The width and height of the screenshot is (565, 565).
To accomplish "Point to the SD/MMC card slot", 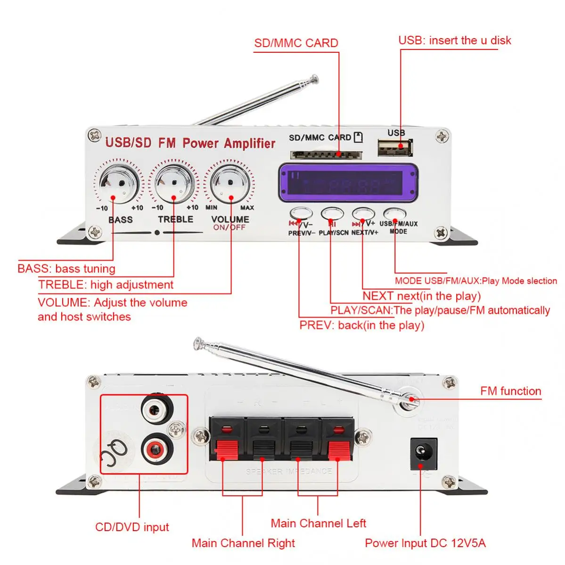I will (x=326, y=155).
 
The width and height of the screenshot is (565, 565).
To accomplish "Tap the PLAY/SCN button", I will (x=332, y=214).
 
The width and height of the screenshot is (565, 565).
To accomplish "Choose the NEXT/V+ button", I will (x=363, y=214).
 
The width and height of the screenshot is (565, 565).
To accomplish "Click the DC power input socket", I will (x=424, y=453).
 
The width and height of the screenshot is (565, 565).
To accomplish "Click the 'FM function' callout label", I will (x=510, y=391).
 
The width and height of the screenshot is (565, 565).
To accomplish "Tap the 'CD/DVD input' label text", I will (x=132, y=527).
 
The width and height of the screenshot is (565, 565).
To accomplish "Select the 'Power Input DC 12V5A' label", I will (x=425, y=543).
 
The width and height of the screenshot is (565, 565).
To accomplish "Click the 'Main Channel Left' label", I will (x=318, y=523).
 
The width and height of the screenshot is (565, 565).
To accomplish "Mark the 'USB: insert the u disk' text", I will (x=454, y=41).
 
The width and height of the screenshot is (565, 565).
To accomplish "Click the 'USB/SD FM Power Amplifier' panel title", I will (x=190, y=143).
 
